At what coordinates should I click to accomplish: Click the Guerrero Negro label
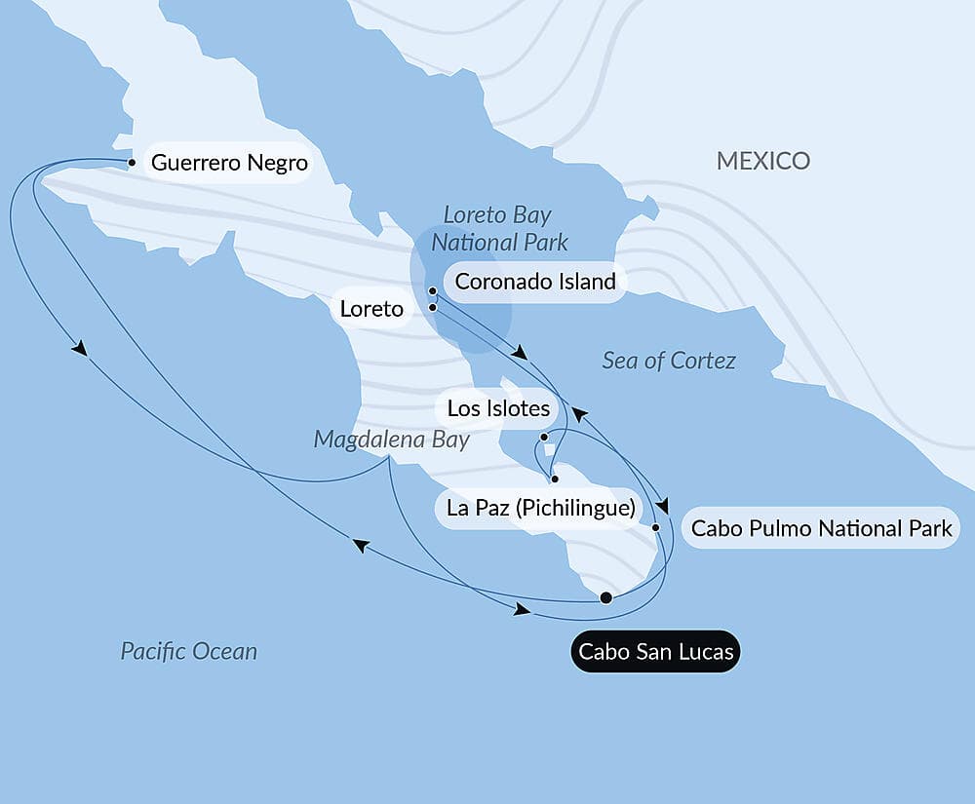point(229,163)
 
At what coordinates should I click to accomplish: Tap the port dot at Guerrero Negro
point(132,163)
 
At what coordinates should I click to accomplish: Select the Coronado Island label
point(535,282)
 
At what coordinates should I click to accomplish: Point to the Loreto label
point(370,309)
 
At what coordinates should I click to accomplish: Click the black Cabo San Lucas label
point(655,651)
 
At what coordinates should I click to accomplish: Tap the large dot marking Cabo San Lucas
point(605,597)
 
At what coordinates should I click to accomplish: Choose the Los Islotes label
point(498,408)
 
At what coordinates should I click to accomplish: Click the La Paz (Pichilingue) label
point(540,508)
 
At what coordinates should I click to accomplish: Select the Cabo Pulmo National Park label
point(821,528)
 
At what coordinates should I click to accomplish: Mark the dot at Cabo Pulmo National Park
point(656,527)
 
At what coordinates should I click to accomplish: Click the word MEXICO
point(763,161)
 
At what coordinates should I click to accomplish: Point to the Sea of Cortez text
point(669,361)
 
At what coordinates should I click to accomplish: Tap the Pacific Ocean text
point(189,651)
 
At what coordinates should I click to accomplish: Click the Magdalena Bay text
point(391,440)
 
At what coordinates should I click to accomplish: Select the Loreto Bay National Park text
point(499,228)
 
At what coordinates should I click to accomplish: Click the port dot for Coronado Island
point(432,290)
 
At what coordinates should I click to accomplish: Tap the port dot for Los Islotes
point(544,438)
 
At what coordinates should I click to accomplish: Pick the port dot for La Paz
point(554,479)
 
